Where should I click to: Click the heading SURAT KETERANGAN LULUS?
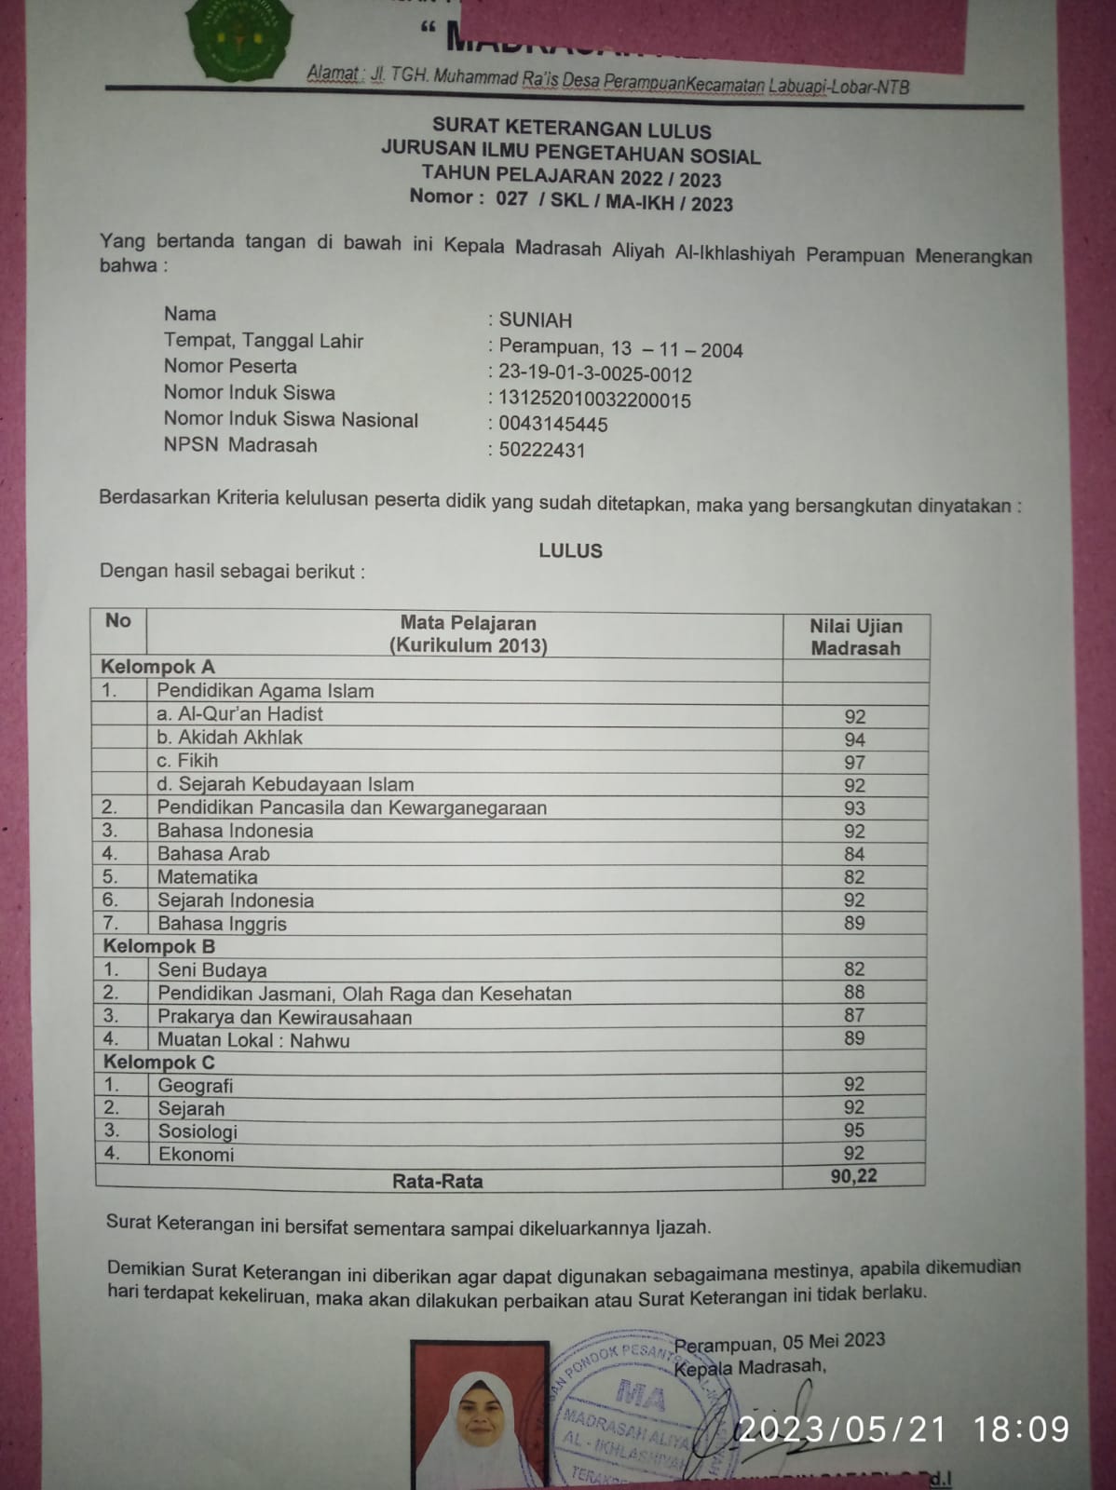pos(571,129)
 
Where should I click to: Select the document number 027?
pos(511,198)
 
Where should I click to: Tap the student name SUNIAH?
pos(536,320)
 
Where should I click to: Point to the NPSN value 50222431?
pos(542,451)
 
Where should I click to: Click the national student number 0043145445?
pos(553,425)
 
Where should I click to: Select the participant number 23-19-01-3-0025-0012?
pos(595,374)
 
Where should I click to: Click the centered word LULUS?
pos(570,550)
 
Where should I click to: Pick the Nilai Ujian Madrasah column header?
pos(855,637)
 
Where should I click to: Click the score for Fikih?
pos(855,762)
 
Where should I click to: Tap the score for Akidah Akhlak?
pos(855,739)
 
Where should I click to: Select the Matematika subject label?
pos(207,877)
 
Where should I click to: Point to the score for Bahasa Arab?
pos(854,854)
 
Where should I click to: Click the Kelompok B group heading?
pos(159,946)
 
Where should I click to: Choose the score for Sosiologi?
pos(854,1130)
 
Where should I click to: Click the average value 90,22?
pos(853,1176)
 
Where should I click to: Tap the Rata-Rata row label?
pos(438,1181)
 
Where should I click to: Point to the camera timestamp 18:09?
pos(1021,1429)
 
